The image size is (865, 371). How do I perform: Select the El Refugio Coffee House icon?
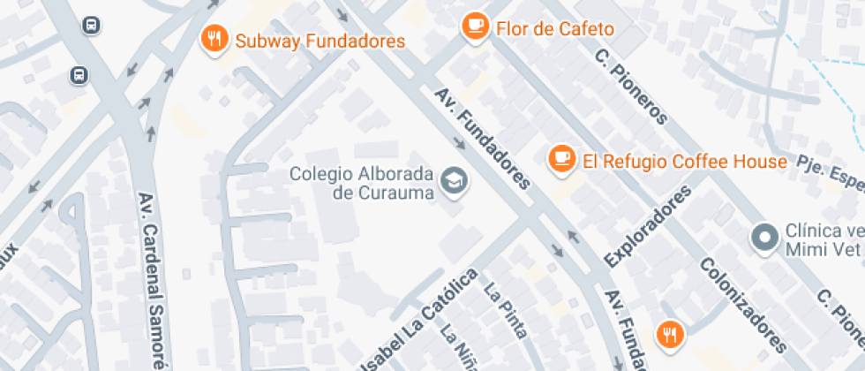[x=560, y=159]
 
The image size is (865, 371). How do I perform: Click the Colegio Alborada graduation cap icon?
[x=455, y=180]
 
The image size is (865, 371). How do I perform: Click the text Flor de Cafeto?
[x=555, y=28]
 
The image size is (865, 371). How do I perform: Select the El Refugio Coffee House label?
[x=684, y=162]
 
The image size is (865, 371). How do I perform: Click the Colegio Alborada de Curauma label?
[x=363, y=182]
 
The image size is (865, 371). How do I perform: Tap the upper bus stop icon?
[x=91, y=25]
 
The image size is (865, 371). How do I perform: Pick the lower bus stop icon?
[x=79, y=75]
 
